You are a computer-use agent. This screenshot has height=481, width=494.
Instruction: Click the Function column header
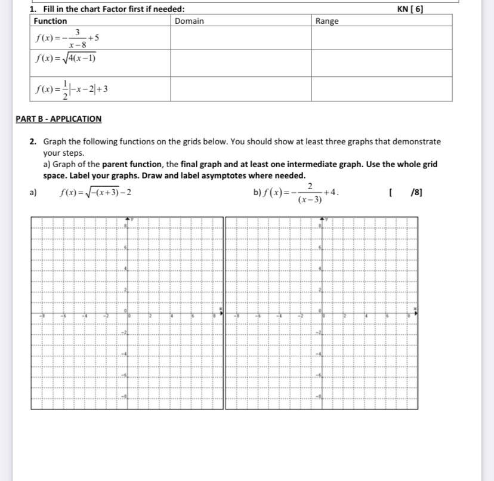click(x=50, y=21)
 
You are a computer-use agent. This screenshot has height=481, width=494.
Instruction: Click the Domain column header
click(x=189, y=21)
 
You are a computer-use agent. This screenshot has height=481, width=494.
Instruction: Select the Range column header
click(x=326, y=21)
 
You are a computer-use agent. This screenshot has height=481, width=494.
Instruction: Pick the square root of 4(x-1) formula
click(x=65, y=58)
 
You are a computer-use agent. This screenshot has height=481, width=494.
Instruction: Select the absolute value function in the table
click(x=70, y=90)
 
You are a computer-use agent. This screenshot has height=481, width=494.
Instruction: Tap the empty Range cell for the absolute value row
click(x=381, y=89)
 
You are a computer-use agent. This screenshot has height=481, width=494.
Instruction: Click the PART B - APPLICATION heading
click(x=58, y=119)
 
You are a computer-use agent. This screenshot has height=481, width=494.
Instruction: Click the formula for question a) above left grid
click(x=95, y=192)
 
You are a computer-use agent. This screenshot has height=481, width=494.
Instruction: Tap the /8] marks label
click(x=416, y=192)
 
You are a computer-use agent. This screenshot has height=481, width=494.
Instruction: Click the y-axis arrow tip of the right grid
click(x=320, y=220)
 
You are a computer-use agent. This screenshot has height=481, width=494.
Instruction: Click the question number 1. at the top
click(x=32, y=9)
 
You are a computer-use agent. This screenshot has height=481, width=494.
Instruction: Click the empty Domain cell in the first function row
click(x=240, y=38)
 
